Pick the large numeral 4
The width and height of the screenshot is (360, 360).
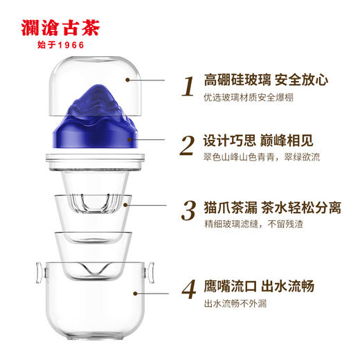point(186,289)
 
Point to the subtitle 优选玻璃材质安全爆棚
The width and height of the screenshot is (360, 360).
point(249,98)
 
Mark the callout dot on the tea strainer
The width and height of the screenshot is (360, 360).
point(126,204)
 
